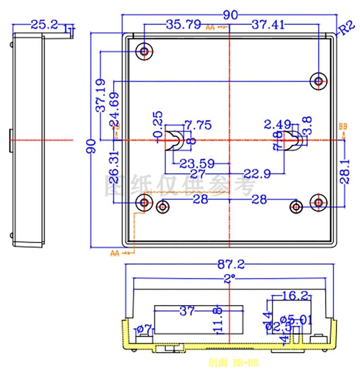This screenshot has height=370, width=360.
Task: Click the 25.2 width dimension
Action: pos(44,24)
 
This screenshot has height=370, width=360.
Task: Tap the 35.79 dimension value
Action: pos(183,25)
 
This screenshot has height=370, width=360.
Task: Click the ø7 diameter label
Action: pos(144,329)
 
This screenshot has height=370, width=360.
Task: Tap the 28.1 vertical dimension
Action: pos(349,172)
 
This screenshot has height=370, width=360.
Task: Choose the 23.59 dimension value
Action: pos(197,164)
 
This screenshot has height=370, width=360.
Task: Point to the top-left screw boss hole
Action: pos(144,51)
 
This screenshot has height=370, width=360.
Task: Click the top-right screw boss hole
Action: pos(318,81)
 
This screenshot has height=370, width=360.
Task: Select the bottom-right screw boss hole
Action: pos(318,203)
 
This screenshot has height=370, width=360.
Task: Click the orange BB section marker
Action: pos(342,127)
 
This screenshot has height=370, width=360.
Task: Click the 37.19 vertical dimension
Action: pos(101,96)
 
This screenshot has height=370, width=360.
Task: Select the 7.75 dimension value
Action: pos(198,125)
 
